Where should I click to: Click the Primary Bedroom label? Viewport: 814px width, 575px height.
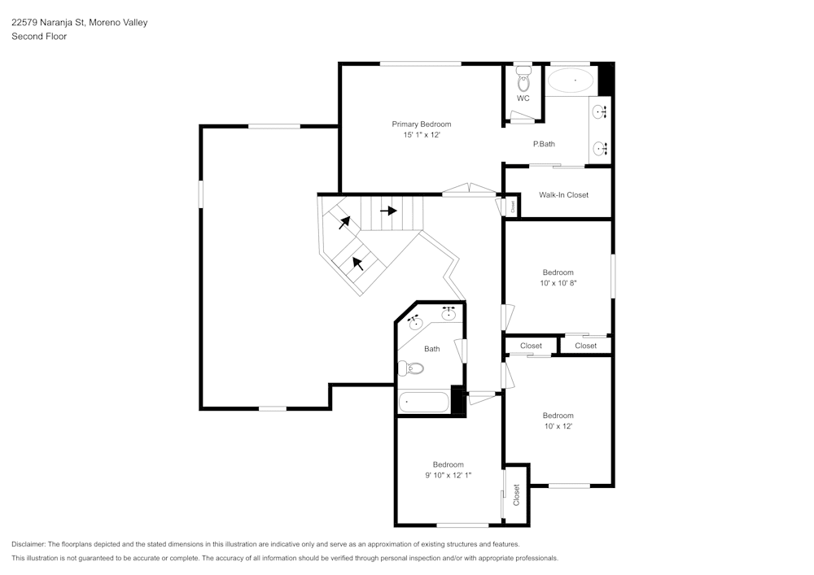click(421, 124)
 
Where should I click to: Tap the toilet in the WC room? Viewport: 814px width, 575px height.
click(523, 81)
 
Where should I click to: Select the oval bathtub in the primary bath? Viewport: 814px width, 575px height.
click(570, 81)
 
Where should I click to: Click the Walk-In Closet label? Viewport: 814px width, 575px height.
click(563, 195)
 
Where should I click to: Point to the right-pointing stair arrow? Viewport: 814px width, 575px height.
click(388, 211)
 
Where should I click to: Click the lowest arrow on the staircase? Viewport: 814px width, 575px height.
click(357, 263)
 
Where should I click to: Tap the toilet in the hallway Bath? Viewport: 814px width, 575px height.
click(411, 368)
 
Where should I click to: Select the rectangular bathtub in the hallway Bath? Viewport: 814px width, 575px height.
click(423, 403)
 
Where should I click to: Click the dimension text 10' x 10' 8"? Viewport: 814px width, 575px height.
click(558, 283)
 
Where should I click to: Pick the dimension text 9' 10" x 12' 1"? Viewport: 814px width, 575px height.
click(448, 475)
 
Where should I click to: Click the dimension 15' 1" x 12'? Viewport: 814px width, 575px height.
click(421, 135)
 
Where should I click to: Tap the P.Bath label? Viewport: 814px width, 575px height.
click(544, 144)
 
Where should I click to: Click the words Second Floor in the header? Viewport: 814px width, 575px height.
click(39, 37)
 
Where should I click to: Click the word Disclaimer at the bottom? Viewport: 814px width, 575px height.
click(28, 544)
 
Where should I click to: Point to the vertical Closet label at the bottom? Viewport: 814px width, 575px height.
click(516, 494)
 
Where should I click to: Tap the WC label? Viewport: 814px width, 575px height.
click(523, 98)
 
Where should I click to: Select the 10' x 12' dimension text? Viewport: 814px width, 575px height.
click(558, 426)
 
